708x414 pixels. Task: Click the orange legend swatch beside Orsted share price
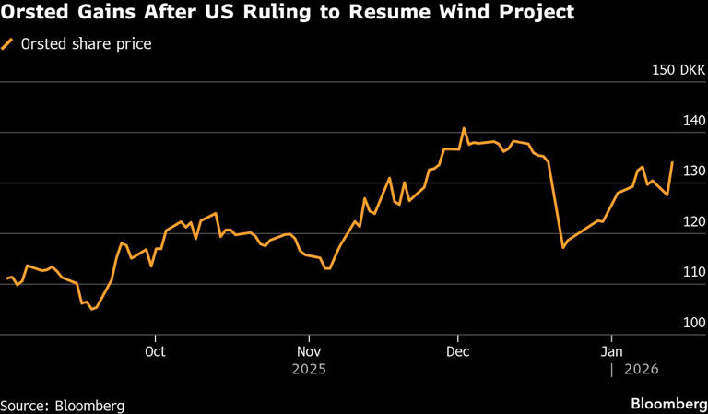(x=8, y=43)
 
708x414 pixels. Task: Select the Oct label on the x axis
(x=156, y=351)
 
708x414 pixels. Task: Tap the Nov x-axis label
(x=309, y=351)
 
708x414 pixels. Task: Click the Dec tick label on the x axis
(x=458, y=351)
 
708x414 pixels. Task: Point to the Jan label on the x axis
(x=611, y=351)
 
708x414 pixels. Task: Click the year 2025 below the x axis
(x=309, y=369)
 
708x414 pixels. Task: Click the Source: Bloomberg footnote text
(x=62, y=405)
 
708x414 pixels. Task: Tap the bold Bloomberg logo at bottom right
(x=663, y=404)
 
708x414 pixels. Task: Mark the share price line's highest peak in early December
(x=464, y=128)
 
